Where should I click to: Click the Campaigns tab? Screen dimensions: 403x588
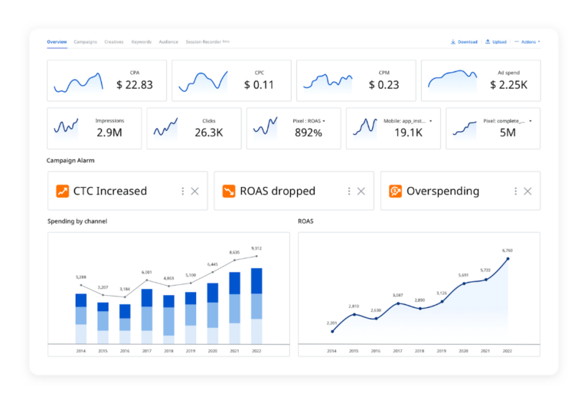(85, 41)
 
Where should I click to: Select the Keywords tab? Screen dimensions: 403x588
(141, 41)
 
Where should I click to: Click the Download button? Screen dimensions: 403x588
(464, 41)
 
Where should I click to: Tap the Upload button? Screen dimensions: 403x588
(495, 41)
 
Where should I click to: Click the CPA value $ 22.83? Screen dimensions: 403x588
(134, 85)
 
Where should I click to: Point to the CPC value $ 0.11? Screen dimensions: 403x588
(259, 85)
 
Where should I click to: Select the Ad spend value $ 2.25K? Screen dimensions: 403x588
(508, 85)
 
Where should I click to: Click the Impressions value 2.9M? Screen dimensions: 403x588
(109, 133)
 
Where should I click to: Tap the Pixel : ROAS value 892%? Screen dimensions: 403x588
(309, 133)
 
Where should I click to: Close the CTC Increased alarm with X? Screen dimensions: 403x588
(194, 191)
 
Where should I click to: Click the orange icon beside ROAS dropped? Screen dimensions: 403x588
(229, 191)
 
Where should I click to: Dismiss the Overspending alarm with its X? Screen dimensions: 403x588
(528, 191)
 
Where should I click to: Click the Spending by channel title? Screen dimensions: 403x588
(77, 221)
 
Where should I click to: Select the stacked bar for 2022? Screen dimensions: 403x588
(256, 305)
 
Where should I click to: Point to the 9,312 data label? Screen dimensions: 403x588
(256, 248)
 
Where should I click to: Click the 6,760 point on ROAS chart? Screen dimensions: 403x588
(507, 259)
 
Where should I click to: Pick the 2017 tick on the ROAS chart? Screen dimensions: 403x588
(397, 351)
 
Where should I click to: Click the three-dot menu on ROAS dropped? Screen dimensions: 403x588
(349, 191)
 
